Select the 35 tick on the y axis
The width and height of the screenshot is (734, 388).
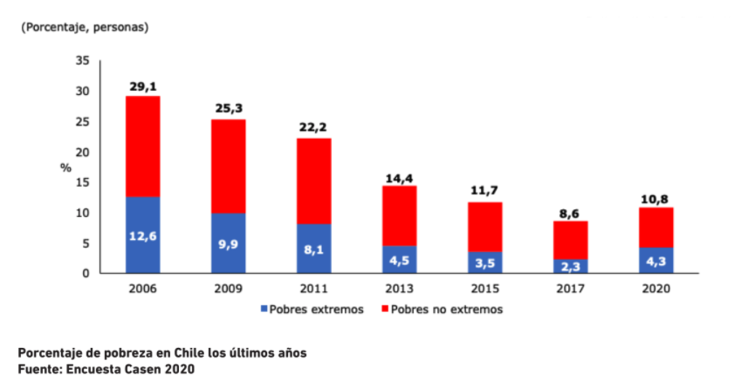pos(83,60)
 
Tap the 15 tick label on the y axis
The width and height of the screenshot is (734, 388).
pos(83,181)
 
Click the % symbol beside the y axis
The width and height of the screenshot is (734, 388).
pos(65,167)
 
